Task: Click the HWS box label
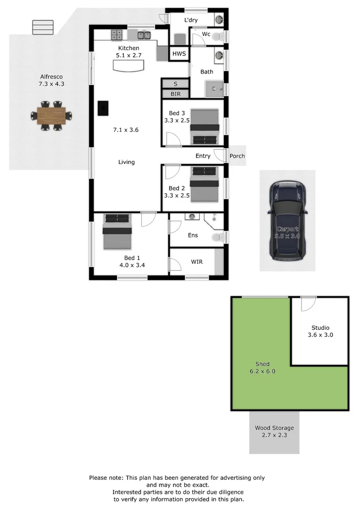179,54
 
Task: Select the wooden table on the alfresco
52,115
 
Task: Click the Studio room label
320,328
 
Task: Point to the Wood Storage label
274,428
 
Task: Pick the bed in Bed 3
205,126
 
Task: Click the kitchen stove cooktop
117,34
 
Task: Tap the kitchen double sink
144,34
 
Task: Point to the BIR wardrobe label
175,94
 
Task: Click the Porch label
237,156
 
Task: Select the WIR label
196,262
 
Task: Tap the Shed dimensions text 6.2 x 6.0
262,371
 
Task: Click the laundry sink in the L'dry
220,20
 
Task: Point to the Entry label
203,156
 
